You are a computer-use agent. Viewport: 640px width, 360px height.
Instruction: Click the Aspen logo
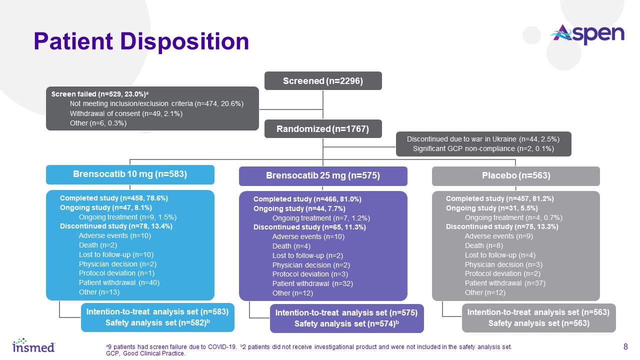tap(587, 34)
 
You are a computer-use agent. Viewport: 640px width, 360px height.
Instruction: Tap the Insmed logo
tap(33, 345)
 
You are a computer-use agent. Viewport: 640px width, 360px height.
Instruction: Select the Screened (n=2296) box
tap(323, 81)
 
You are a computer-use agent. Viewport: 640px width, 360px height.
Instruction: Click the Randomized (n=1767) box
tap(323, 129)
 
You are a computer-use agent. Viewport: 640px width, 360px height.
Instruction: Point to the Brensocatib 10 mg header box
tap(130, 174)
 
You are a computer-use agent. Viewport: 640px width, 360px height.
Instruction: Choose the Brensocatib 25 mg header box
tap(323, 176)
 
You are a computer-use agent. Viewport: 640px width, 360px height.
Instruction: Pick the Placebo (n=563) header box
tap(515, 176)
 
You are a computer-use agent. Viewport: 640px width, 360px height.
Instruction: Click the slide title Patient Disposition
tap(141, 41)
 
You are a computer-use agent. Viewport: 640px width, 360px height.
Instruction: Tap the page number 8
tap(625, 346)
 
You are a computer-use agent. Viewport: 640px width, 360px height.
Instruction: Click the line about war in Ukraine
tap(483, 139)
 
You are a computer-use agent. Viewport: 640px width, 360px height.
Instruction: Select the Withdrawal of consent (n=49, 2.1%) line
tap(126, 113)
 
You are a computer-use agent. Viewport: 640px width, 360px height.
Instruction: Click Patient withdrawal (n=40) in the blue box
tap(119, 282)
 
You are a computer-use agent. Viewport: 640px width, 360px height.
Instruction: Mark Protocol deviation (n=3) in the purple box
tap(310, 274)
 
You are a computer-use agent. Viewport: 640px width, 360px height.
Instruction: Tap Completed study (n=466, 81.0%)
tap(307, 199)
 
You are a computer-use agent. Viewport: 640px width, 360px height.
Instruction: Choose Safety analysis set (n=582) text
tap(157, 322)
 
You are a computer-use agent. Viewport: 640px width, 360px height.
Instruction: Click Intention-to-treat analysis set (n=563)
tap(538, 312)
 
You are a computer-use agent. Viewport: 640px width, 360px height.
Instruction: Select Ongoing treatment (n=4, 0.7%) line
tap(513, 217)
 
